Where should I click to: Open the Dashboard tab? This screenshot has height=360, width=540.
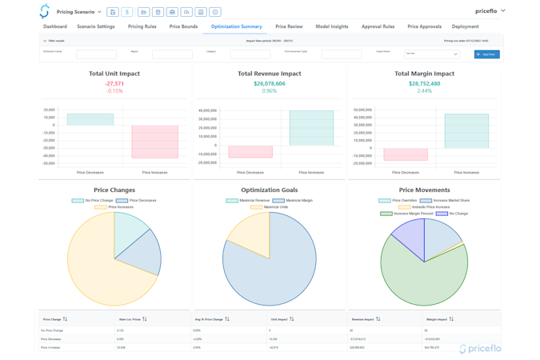(x=55, y=26)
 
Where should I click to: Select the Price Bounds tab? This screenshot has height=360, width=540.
(x=183, y=26)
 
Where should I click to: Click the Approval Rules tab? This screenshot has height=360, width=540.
(x=378, y=26)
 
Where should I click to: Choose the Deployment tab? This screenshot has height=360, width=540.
(x=465, y=26)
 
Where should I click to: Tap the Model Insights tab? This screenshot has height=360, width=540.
(x=331, y=26)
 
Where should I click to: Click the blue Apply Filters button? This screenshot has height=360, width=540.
(x=486, y=54)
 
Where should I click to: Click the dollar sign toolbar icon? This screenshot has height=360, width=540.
(x=127, y=12)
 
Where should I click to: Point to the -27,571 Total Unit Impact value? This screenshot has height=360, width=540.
(x=114, y=83)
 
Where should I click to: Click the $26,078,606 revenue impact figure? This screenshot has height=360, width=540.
(x=269, y=83)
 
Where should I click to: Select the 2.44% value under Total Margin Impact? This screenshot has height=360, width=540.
(x=424, y=90)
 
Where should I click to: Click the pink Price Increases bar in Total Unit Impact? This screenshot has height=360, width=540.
(x=154, y=142)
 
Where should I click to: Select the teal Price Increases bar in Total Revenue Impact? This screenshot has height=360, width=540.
(x=311, y=128)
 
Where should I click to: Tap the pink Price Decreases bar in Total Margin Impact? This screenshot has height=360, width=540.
(x=405, y=154)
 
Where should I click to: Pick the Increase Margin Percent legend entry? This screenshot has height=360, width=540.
(x=414, y=214)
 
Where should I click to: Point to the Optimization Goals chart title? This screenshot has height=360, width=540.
(x=269, y=190)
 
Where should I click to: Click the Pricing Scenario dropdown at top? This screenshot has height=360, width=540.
(x=79, y=12)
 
